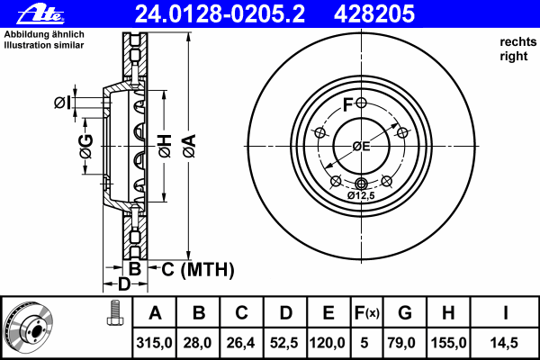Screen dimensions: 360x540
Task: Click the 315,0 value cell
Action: click(x=155, y=343)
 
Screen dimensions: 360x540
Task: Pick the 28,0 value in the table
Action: click(x=199, y=343)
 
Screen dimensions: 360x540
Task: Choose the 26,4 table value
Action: click(x=242, y=343)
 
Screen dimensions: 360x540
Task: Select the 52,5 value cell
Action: click(x=285, y=343)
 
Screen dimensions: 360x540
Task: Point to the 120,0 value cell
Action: click(x=328, y=343)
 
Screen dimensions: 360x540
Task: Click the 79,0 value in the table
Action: click(x=405, y=343)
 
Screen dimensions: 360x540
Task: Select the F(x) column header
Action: click(x=366, y=314)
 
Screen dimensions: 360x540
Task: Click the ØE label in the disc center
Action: click(x=360, y=146)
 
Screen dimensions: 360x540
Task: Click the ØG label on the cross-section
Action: click(x=85, y=146)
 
